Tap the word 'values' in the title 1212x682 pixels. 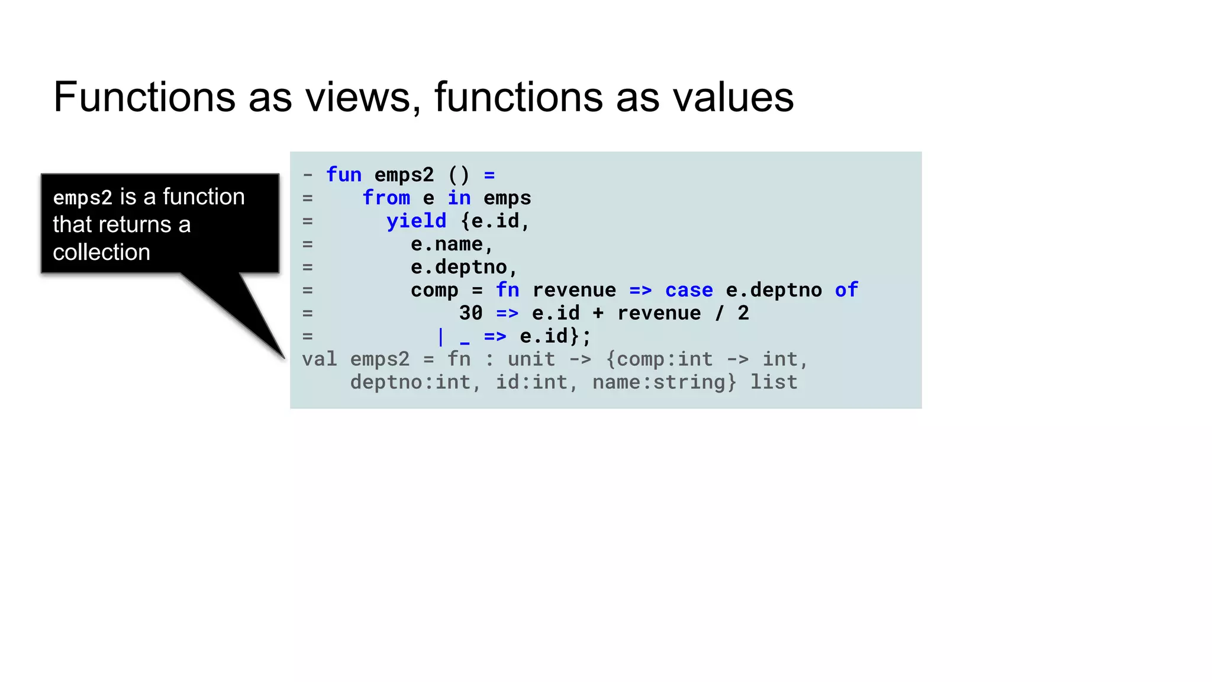coord(733,97)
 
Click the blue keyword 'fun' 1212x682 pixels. coord(344,175)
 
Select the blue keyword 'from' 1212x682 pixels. coord(386,198)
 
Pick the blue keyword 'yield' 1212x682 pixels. coord(416,221)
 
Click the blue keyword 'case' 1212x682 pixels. coord(689,290)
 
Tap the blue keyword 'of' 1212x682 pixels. coord(846,290)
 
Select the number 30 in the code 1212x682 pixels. coord(471,313)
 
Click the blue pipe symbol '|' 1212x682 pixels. coord(440,336)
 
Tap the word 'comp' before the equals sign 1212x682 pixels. coord(434,290)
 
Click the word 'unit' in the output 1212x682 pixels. coord(531,359)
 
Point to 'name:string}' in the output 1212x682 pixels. coord(665,382)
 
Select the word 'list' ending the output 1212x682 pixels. coord(773,382)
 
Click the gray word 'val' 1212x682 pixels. coord(320,359)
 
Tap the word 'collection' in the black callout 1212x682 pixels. coord(101,252)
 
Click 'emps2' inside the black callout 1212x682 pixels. coord(82,197)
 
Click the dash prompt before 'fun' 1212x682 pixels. coord(307,175)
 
